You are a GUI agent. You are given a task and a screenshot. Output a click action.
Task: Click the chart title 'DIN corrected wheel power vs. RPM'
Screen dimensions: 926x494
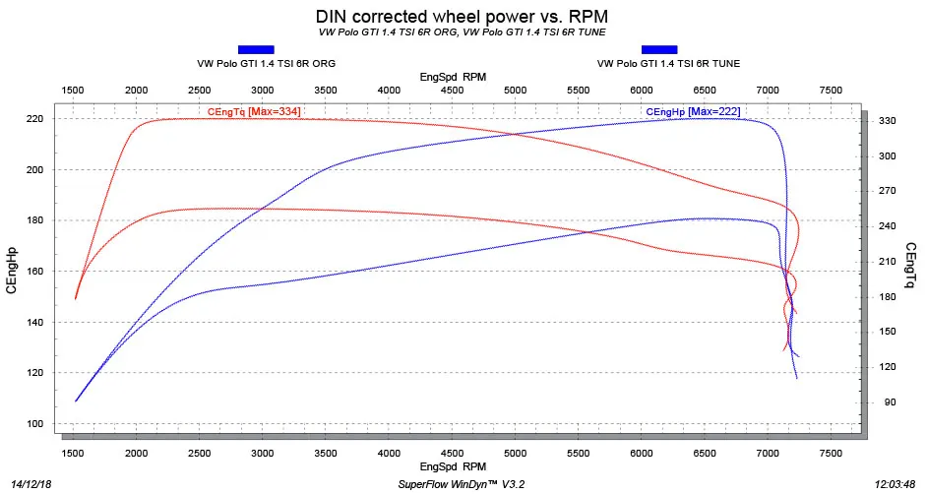462,16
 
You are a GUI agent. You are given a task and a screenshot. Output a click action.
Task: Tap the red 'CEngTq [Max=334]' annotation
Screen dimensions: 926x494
254,111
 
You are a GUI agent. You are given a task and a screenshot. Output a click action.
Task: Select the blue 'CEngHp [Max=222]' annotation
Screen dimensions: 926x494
693,111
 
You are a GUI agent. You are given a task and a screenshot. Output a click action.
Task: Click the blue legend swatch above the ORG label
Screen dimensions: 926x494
256,49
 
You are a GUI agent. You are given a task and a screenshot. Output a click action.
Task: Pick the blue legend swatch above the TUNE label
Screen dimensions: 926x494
659,49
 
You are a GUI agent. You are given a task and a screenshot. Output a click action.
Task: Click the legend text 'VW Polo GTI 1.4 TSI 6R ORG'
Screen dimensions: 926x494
267,63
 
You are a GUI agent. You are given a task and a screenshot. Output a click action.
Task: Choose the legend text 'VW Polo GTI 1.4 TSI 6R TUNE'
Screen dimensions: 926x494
668,63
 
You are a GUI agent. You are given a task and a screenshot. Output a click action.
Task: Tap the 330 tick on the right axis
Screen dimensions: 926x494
888,121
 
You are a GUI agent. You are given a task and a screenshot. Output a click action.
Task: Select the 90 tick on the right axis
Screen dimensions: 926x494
890,402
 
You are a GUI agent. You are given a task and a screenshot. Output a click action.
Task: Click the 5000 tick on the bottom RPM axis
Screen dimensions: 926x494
515,454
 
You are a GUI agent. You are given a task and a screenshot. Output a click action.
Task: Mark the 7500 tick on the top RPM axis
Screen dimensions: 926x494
831,91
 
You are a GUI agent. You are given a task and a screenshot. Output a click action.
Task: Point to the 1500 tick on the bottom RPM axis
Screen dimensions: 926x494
73,454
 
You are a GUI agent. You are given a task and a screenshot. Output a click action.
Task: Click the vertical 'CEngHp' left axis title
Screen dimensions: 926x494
11,270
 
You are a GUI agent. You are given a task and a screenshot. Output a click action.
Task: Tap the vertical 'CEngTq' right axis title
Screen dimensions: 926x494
912,266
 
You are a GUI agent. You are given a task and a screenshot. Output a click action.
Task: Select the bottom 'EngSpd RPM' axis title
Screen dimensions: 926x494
453,466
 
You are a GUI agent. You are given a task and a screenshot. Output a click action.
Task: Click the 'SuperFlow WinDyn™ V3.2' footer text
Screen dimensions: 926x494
461,484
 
